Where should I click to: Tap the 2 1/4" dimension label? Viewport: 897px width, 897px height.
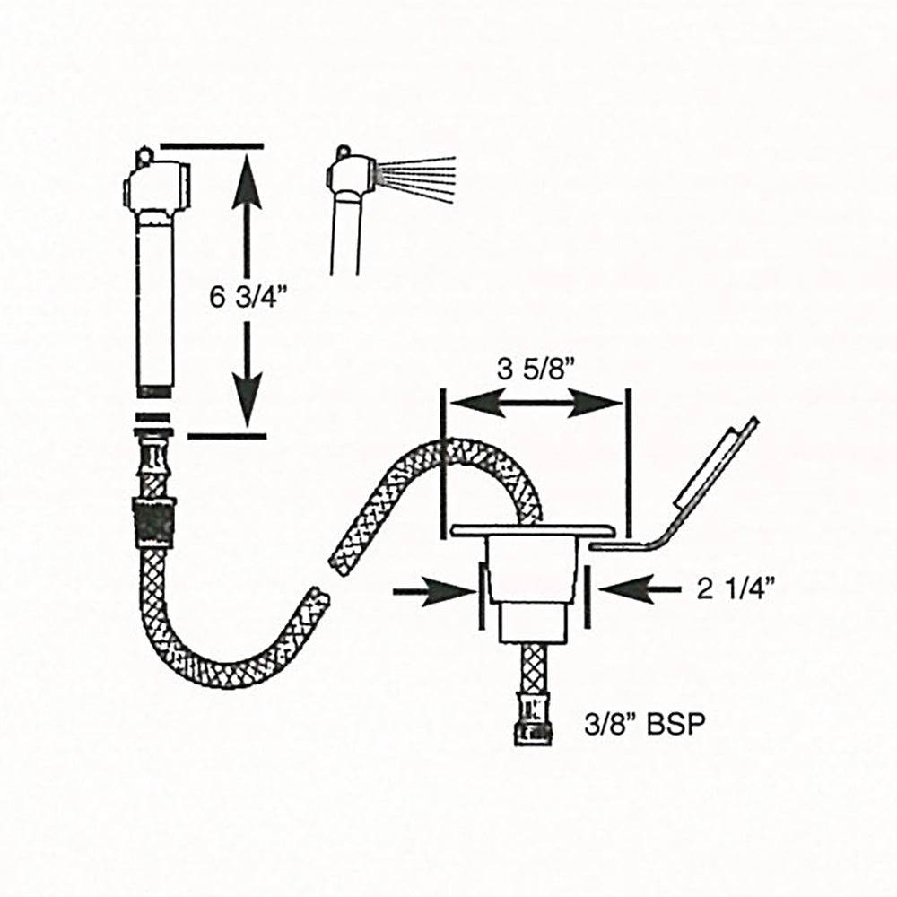[x=736, y=588]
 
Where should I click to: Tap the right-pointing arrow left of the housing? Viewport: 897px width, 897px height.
[x=435, y=589]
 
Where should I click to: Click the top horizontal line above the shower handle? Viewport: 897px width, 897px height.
[x=212, y=145]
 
